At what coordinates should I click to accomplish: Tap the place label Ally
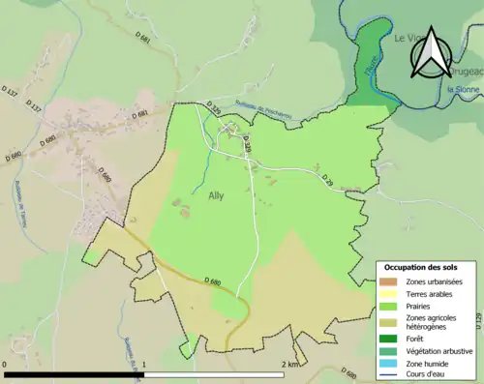point(218,195)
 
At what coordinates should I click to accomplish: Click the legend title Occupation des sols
point(421,267)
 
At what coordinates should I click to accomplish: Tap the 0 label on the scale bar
point(7,364)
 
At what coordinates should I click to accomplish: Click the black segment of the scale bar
point(75,373)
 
